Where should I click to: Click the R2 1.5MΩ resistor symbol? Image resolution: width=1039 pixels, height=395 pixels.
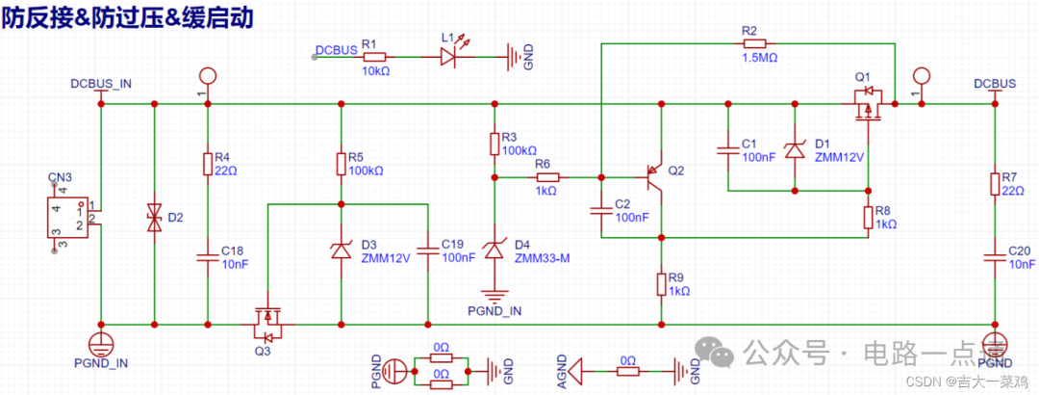754,43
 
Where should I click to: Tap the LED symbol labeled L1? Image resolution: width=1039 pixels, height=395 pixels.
449,57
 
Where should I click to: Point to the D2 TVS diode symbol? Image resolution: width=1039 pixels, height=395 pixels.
154,217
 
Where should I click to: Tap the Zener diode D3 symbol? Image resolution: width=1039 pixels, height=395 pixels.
341,250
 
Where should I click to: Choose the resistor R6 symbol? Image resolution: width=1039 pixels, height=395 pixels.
545,177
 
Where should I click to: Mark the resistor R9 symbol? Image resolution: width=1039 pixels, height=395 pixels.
661,283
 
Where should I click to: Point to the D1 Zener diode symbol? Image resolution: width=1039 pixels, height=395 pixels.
796,149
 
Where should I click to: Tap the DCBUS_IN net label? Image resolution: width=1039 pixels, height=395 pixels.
101,83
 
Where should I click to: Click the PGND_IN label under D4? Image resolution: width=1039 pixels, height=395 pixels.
494,311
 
